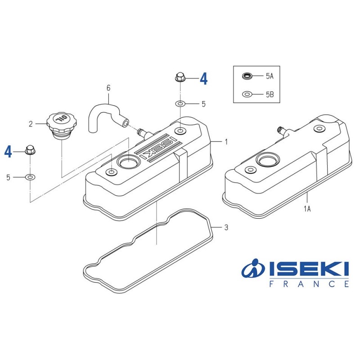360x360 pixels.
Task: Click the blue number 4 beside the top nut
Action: [203, 79]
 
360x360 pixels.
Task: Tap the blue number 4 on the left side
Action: [8, 152]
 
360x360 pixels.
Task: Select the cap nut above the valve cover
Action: [180, 77]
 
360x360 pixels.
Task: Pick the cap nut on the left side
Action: [30, 150]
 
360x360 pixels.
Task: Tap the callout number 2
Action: [31, 124]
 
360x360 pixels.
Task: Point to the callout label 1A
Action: [307, 208]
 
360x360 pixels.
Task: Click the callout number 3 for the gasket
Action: [226, 228]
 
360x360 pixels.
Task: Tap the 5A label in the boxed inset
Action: [269, 76]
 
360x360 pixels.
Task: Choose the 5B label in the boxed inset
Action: [269, 94]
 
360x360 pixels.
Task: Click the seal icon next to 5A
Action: [247, 76]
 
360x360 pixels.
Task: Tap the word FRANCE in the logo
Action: [309, 284]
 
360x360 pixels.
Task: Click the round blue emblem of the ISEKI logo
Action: [253, 270]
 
